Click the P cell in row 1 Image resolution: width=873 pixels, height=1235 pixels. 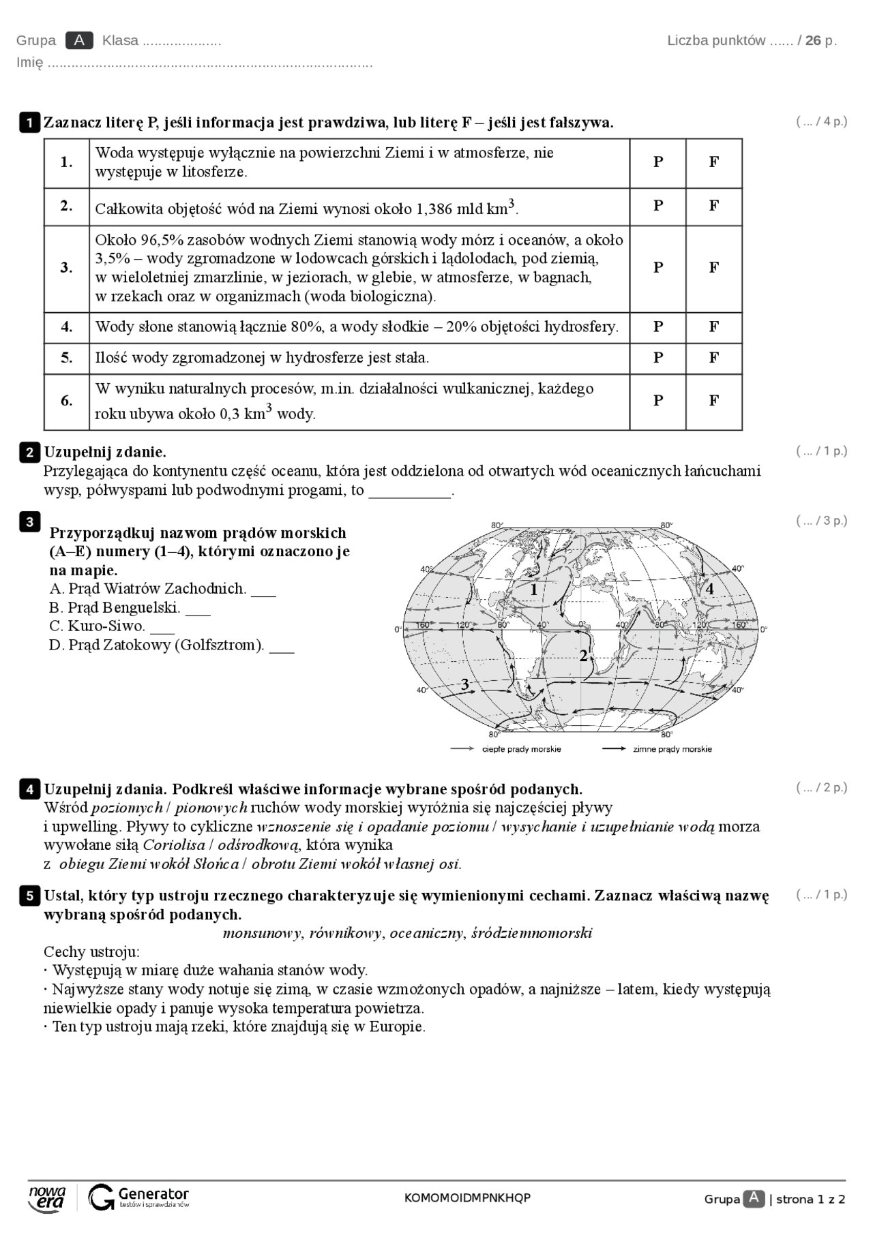click(658, 162)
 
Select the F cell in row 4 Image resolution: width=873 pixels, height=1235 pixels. click(713, 326)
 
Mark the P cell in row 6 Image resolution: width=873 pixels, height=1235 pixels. click(658, 401)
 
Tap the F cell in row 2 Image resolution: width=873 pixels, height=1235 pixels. click(713, 206)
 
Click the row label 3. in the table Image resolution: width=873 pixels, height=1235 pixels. click(66, 268)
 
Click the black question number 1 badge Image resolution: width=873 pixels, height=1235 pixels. click(29, 123)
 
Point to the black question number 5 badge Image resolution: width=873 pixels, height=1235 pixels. click(29, 896)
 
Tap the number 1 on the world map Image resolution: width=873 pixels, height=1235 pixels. click(534, 590)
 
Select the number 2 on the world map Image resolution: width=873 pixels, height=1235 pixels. click(583, 656)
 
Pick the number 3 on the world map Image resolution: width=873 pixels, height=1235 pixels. click(465, 684)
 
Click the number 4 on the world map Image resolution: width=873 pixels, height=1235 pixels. click(709, 589)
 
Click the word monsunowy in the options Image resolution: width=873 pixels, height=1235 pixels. click(262, 933)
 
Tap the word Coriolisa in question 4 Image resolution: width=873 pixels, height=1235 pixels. click(174, 845)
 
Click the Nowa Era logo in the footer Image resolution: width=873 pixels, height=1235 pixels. click(47, 1198)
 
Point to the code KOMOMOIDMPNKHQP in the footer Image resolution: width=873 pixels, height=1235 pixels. click(467, 1198)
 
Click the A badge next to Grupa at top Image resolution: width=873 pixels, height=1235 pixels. click(79, 40)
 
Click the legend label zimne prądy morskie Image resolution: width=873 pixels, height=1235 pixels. click(672, 749)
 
